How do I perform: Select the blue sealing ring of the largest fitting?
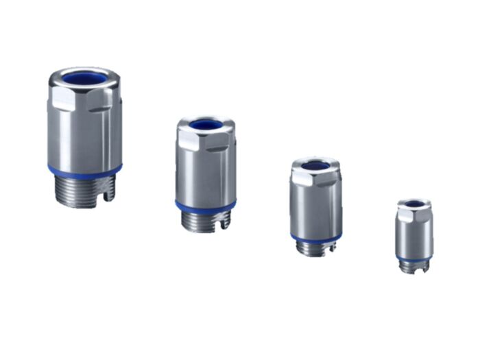(x=84, y=169)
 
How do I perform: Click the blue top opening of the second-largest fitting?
(x=206, y=125)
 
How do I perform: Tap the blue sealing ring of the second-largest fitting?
(x=205, y=206)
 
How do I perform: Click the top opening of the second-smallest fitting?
(x=315, y=165)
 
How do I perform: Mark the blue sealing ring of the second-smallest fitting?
(x=315, y=238)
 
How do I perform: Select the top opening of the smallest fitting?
(x=415, y=204)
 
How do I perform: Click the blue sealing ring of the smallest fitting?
(x=414, y=258)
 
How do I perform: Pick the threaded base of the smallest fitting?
(x=413, y=266)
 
